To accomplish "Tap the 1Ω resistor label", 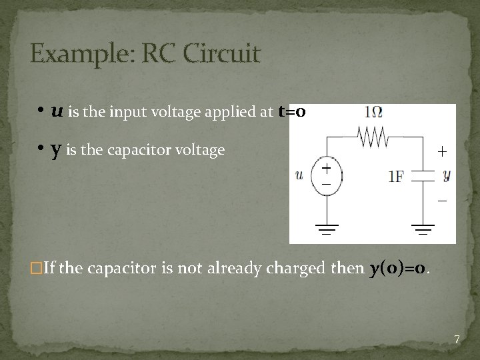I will (x=373, y=114).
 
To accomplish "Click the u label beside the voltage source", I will (x=299, y=175).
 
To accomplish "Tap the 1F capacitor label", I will (x=397, y=177).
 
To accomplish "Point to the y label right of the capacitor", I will (x=447, y=175).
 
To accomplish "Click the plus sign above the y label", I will (x=441, y=151).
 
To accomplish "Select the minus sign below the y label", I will (x=442, y=200).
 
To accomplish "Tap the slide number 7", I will (x=457, y=340).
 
